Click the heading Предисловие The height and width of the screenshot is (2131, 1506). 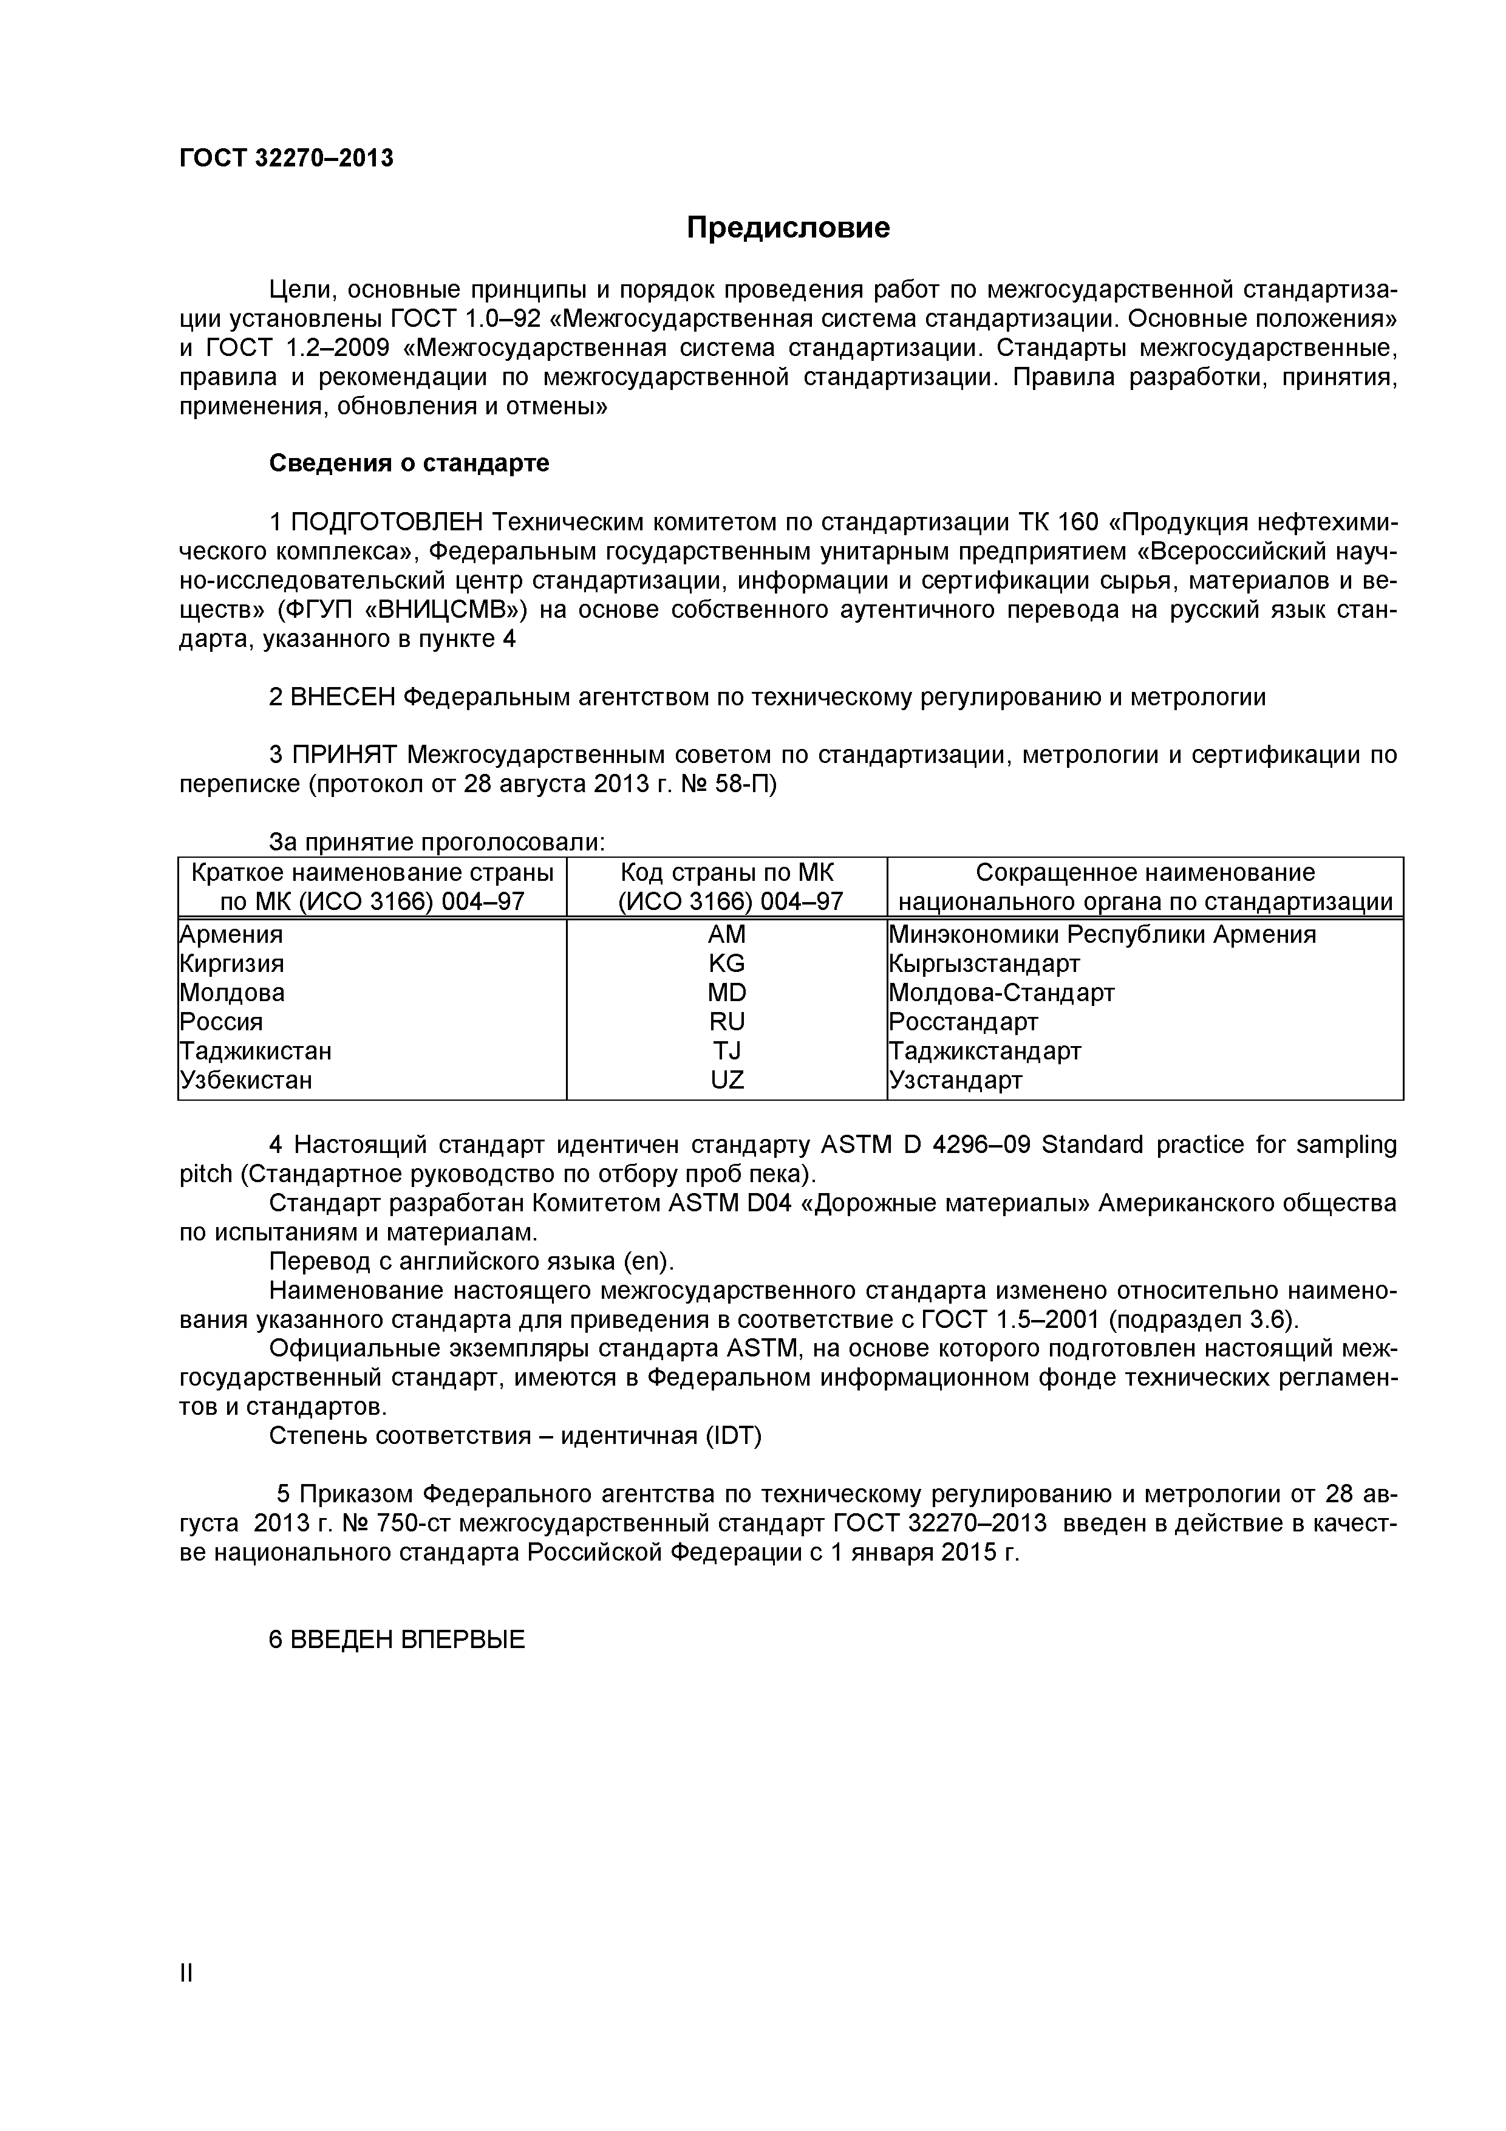pyautogui.click(x=788, y=227)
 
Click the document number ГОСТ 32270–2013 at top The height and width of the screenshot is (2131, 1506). pyautogui.click(x=286, y=159)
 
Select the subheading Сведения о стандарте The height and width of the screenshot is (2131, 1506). pyautogui.click(x=409, y=463)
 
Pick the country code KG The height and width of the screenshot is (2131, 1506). pyautogui.click(x=726, y=963)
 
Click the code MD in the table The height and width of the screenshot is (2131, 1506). pyautogui.click(x=726, y=993)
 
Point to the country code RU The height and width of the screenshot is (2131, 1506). pyautogui.click(x=726, y=1022)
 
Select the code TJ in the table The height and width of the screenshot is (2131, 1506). pyautogui.click(x=726, y=1052)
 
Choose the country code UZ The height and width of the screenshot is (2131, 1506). pyautogui.click(x=726, y=1080)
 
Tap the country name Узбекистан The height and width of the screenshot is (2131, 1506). pyautogui.click(x=246, y=1080)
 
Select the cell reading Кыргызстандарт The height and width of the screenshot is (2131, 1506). pyautogui.click(x=984, y=963)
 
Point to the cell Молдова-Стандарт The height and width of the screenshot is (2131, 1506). pyautogui.click(x=1002, y=993)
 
